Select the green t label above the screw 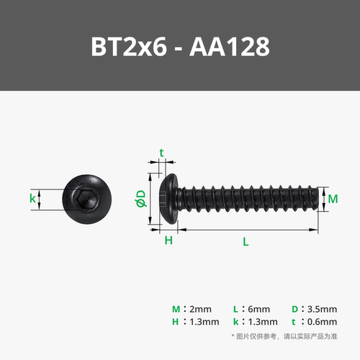pos(161,153)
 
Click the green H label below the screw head pos(168,241)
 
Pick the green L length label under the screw pos(246,242)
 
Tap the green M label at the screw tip pos(333,198)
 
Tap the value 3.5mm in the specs pos(321,309)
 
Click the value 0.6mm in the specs pos(321,322)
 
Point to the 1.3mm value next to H pos(202,322)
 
